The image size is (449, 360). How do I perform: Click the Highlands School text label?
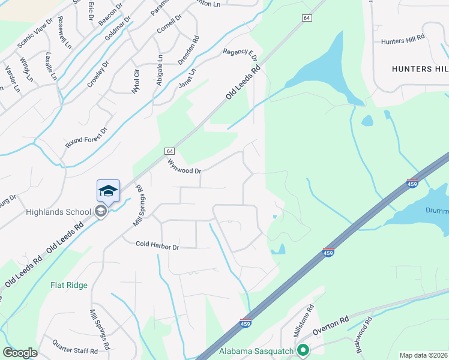coord(58,211)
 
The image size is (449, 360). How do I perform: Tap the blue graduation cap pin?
coord(109,191)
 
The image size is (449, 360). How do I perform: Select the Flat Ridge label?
coord(69,286)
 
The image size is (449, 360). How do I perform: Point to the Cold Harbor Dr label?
coord(158,245)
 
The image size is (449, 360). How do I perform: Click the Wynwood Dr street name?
coord(184,166)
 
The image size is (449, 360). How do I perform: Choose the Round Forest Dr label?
coord(86,139)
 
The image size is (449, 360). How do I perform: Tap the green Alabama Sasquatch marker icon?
coord(303,350)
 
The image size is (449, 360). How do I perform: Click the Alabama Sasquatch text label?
coord(256,351)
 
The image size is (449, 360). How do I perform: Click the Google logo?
coord(20,353)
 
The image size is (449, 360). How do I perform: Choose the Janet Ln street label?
coord(187,79)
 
